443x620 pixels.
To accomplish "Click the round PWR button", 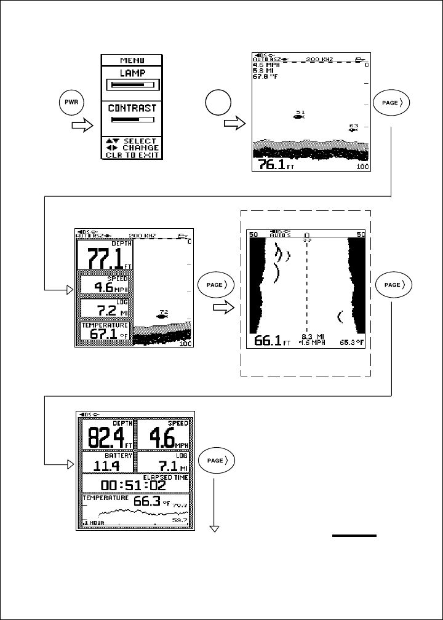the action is point(71,102).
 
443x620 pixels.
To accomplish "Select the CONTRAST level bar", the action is point(132,119).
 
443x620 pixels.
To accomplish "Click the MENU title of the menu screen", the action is point(132,61).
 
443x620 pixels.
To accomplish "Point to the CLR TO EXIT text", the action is point(132,154).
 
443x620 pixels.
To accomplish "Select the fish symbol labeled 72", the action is point(162,317).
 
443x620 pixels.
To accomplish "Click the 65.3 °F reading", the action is point(351,341).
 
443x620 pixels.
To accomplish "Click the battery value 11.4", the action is point(109,464).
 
